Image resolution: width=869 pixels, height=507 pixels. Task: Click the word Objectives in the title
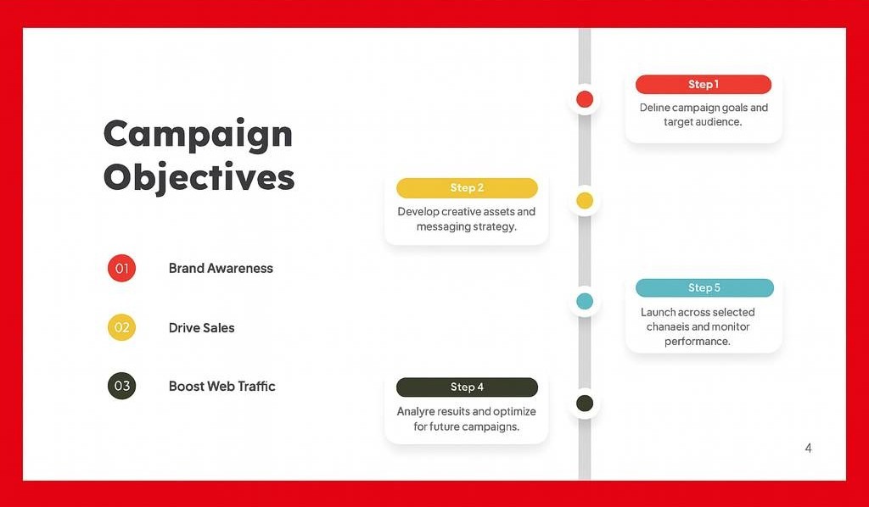199,178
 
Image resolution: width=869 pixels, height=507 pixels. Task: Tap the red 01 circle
122,269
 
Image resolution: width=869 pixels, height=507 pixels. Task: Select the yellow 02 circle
122,327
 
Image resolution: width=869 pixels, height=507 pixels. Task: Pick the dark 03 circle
122,386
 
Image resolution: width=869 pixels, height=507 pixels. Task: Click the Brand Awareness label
221,269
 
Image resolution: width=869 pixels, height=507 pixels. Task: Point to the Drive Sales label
202,327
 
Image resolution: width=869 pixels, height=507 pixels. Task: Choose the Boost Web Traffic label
221,387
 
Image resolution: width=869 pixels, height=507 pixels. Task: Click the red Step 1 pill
704,84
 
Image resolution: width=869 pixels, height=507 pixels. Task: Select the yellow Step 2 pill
468,187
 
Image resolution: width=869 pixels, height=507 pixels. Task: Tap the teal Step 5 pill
704,287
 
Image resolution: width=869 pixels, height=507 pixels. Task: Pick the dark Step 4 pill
468,387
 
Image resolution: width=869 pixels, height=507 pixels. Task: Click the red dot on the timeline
585,99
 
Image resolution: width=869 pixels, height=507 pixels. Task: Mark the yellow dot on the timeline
585,200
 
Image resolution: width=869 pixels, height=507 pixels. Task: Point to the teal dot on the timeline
585,301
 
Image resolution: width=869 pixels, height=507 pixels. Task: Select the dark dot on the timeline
585,403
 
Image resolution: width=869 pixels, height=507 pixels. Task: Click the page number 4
809,448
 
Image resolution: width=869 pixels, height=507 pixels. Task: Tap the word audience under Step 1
720,122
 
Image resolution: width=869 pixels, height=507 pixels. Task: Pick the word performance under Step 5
698,342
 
